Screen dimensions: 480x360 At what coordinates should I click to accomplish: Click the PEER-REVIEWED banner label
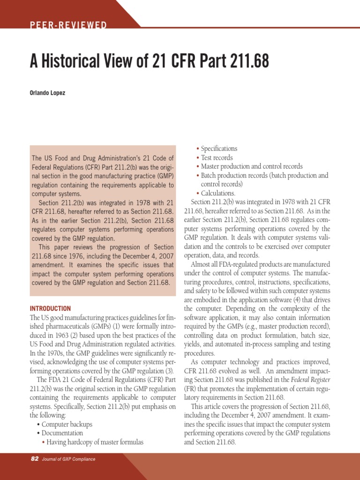tap(68, 25)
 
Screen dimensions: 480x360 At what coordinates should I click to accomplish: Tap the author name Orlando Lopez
tap(47, 93)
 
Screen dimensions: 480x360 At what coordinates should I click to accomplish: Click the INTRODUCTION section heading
tap(50, 308)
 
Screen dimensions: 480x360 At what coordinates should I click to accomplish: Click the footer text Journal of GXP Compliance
tap(68, 459)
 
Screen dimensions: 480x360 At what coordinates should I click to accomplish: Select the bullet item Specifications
tap(219, 149)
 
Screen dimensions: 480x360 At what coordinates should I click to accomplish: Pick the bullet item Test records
tap(217, 157)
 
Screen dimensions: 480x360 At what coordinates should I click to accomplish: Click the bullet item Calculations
tap(218, 193)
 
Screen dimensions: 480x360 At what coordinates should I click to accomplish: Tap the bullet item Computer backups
tap(67, 424)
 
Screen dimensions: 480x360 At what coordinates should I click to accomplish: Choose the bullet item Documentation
tap(62, 433)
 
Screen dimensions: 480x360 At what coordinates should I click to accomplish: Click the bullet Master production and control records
tap(252, 166)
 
